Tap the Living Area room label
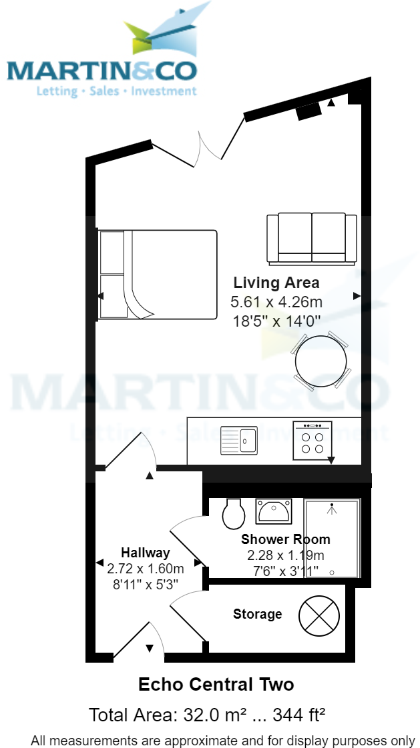(x=276, y=282)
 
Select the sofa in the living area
(x=311, y=238)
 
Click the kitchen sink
(x=239, y=441)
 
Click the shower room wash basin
(x=274, y=512)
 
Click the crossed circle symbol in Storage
(x=319, y=615)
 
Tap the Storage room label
(x=257, y=614)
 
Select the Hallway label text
(x=145, y=553)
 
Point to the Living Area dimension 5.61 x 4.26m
(x=276, y=302)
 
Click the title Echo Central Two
(x=215, y=685)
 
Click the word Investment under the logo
(x=164, y=91)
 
